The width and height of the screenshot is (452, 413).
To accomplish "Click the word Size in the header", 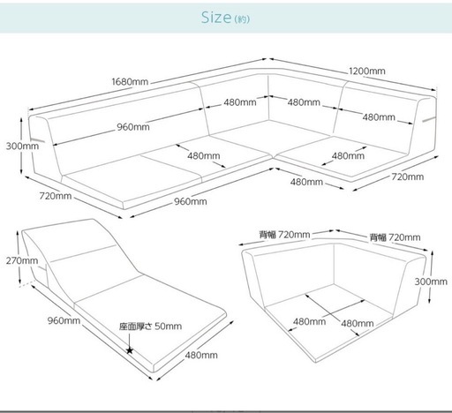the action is [216, 18].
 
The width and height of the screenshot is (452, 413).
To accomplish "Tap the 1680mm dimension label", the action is [130, 81].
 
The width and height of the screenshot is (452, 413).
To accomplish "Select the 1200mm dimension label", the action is [367, 71].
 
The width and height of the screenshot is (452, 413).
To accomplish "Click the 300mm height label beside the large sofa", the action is [22, 146].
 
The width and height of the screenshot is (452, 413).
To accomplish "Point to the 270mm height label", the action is [22, 260].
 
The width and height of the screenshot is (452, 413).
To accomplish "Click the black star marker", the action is [130, 350].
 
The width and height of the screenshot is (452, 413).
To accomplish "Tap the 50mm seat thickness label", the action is [168, 327].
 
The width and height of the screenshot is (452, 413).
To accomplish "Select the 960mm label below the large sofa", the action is [191, 201].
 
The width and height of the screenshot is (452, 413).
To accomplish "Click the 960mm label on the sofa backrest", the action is [133, 127].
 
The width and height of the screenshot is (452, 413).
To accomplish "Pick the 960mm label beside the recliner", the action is [64, 320].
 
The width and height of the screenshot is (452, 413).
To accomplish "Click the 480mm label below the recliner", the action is [201, 355].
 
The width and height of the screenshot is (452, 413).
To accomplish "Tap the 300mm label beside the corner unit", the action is [431, 282].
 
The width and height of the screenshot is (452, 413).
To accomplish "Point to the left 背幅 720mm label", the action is [284, 235].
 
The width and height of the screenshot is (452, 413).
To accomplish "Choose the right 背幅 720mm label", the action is [395, 237].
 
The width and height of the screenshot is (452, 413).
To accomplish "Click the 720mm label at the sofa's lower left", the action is [56, 196].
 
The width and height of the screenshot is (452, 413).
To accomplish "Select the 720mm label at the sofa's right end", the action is [408, 176].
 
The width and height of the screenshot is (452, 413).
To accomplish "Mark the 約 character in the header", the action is [242, 19].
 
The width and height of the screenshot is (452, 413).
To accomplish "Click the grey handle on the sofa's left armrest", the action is [37, 139].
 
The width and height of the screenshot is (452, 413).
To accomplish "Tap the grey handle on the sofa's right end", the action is [429, 119].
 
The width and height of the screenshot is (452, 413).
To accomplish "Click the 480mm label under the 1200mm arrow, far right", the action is [379, 117].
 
